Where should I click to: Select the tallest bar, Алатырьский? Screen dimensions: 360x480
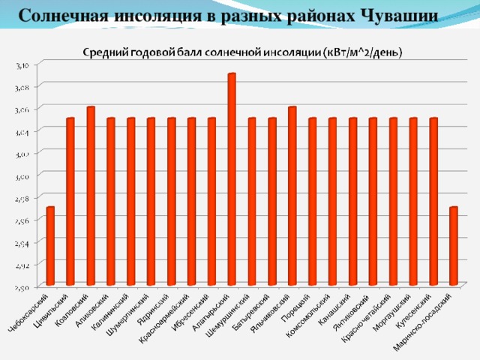point(232,179)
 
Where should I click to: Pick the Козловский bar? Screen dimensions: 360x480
point(91,196)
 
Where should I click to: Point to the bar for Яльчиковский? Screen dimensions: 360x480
point(292,196)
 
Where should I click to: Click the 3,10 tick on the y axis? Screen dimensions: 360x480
point(23,66)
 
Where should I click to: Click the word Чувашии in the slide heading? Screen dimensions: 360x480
point(398,14)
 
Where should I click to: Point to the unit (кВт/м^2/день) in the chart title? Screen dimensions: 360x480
point(363,52)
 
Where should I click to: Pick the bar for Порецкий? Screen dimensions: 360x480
point(313,202)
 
